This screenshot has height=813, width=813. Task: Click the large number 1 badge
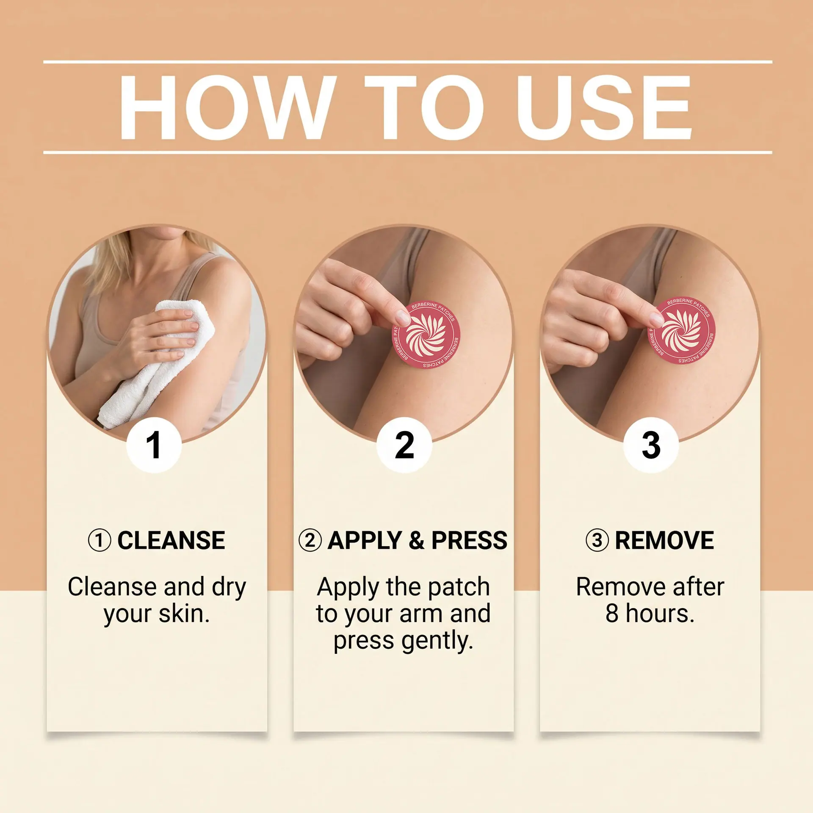click(154, 445)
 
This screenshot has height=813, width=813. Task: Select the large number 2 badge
click(404, 445)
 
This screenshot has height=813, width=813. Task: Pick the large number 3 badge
click(651, 445)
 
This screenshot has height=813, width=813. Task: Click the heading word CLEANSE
click(171, 541)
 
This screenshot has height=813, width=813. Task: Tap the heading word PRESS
click(470, 541)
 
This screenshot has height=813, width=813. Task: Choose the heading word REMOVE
click(664, 541)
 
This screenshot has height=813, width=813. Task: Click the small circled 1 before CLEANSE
click(100, 541)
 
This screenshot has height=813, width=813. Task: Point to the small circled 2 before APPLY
click(310, 541)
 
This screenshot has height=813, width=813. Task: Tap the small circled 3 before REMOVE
click(597, 541)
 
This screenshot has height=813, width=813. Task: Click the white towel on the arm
click(161, 360)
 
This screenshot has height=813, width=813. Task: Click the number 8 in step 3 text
click(612, 614)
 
